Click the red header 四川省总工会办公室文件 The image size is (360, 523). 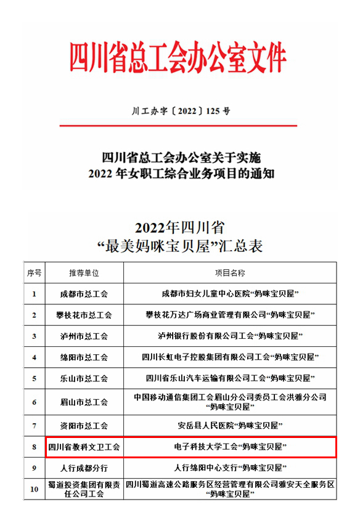pos(179,57)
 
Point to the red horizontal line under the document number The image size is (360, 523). pos(179,126)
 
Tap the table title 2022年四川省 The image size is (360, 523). pos(180,225)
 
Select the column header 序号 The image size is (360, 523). pos(34,272)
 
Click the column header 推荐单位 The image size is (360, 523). pos(84,272)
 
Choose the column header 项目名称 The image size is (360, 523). pos(229,272)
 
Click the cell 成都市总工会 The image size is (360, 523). pos(84,294)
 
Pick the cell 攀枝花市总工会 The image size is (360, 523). pos(84,315)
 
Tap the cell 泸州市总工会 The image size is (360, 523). pos(84,336)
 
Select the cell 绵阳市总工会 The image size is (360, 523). pos(84,357)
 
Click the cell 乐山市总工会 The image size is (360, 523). pos(84,379)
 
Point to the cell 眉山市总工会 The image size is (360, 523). pos(84,402)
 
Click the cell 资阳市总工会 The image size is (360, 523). pos(84,425)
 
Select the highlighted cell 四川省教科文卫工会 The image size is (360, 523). pos(84,447)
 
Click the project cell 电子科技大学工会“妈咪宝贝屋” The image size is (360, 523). pos(229,446)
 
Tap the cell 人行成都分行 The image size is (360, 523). pos(84,468)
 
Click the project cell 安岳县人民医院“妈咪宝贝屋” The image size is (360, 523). pos(229,425)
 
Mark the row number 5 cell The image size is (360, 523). pos(34,379)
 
